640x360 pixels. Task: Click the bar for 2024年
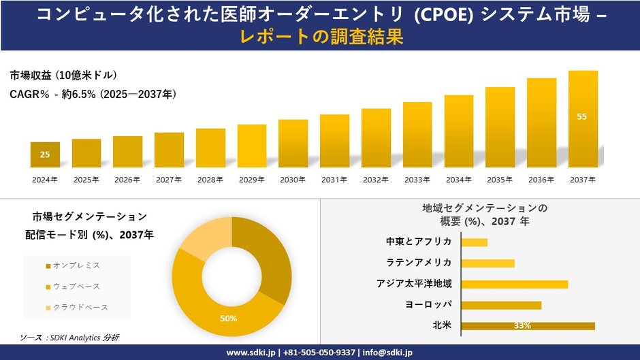(x=45, y=154)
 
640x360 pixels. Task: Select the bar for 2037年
(x=583, y=119)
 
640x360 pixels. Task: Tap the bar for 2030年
(x=293, y=144)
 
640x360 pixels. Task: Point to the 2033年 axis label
(x=417, y=180)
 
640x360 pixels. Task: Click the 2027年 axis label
(x=169, y=180)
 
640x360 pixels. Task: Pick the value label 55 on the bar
(x=582, y=116)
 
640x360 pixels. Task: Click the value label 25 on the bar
(x=45, y=154)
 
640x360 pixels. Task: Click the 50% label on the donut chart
(x=228, y=318)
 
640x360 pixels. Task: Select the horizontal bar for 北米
(x=528, y=325)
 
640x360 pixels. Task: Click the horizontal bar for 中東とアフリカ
(x=475, y=242)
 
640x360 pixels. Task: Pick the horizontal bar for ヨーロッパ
(x=501, y=305)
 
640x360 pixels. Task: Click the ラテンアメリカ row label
(x=418, y=263)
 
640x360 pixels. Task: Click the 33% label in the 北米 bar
(x=522, y=325)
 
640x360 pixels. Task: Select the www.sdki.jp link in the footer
(x=249, y=353)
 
